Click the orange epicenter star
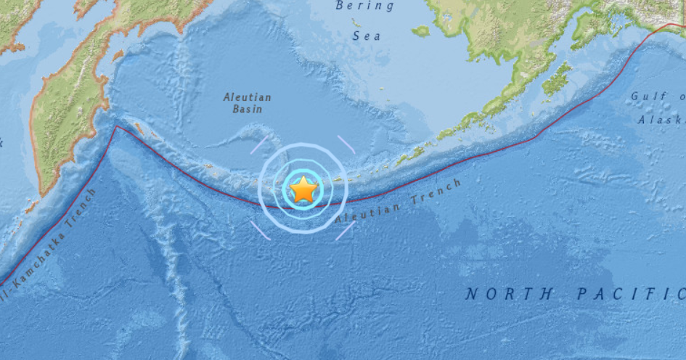[303, 190]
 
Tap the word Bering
[364, 7]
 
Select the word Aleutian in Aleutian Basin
[248, 97]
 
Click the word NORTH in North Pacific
[509, 294]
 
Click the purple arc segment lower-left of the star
[261, 230]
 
